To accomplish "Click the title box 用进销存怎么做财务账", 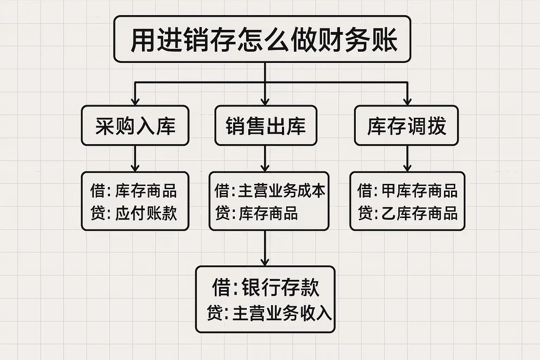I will coord(262,39).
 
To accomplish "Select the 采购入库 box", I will coord(135,126).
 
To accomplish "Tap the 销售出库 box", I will coord(266,126).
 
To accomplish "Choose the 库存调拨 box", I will coord(406,126).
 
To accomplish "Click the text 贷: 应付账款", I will coord(134,213).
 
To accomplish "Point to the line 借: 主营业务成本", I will coord(270,191).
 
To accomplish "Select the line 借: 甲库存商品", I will coord(407,191).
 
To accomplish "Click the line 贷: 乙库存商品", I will coord(407,213).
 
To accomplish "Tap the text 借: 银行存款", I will coord(266,287).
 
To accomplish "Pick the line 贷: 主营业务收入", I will coord(269,313).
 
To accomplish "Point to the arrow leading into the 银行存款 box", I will coord(265,248).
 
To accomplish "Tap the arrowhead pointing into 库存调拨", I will coord(407,101).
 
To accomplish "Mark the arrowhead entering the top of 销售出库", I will coord(265,101).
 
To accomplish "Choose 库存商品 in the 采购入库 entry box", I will coord(146,191).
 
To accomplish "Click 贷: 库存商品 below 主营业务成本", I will coord(257,213).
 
